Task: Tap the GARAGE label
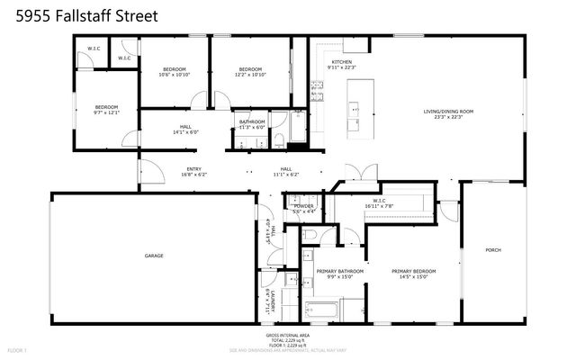pos(154,256)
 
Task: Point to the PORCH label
pos(492,250)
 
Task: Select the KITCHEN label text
pos(329,62)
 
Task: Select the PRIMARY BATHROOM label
pos(339,270)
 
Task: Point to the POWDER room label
pos(303,205)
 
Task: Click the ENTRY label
pos(193,168)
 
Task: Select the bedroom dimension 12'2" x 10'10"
pos(250,74)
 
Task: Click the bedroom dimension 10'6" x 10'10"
pos(174,74)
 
